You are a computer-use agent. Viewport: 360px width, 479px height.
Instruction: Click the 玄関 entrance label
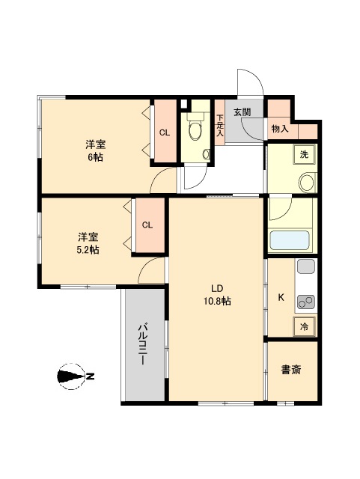click(242, 112)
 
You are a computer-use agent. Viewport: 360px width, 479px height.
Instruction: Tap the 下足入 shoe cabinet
click(220, 122)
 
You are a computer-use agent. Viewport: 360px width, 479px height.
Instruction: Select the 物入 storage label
click(280, 129)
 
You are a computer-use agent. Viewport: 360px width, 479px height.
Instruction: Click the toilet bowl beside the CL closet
click(195, 129)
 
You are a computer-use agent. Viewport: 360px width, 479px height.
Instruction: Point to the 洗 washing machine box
click(304, 155)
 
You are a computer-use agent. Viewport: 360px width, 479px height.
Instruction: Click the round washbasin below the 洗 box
click(307, 183)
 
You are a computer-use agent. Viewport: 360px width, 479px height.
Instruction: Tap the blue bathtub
click(290, 240)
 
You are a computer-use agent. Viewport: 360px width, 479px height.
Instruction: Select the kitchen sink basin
click(306, 266)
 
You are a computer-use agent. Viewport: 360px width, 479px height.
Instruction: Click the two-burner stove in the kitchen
click(306, 302)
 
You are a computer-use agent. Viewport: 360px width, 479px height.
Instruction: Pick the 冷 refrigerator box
click(304, 326)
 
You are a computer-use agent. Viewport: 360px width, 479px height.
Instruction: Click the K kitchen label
click(281, 297)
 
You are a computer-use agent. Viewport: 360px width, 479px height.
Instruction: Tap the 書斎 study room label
click(291, 370)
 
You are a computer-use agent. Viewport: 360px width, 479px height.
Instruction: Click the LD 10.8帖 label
click(217, 295)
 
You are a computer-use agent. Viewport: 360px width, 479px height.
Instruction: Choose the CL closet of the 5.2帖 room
click(148, 225)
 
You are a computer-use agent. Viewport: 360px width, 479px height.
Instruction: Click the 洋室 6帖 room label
click(96, 150)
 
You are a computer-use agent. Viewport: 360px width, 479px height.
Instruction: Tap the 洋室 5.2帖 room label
click(88, 243)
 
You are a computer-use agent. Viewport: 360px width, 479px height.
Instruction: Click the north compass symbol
click(71, 376)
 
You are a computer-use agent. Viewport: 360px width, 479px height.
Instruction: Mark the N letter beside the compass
click(90, 376)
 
